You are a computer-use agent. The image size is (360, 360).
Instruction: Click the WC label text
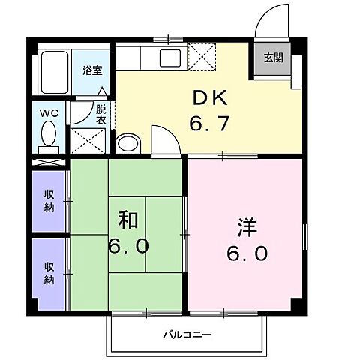coord(49,113)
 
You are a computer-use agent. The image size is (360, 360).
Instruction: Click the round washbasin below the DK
coord(128,143)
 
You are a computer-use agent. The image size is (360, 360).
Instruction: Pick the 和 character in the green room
coord(127,220)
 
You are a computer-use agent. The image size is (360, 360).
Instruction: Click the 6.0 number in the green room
coord(131,245)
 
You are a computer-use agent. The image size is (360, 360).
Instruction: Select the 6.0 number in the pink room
coord(247,254)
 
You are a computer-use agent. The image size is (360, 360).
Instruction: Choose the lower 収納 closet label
coord(49,273)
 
